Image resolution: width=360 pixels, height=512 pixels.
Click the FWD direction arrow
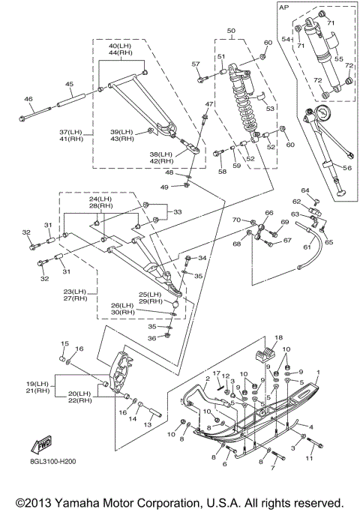coord(41,445)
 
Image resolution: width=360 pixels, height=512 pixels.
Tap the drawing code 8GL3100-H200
coord(53,462)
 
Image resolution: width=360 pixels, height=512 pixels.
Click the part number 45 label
coord(69,84)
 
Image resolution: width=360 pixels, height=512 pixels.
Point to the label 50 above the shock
coord(231,31)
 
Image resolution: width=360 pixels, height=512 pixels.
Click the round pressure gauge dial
coord(322,113)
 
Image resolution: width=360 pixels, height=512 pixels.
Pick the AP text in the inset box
coord(284,7)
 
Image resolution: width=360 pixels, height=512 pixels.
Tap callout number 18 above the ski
coord(279,337)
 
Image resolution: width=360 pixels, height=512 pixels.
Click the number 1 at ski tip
coord(319,373)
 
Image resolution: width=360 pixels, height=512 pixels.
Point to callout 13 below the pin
coord(148,424)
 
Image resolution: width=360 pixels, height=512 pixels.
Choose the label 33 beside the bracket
coord(178,212)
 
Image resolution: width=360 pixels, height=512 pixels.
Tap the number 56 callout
coord(347,168)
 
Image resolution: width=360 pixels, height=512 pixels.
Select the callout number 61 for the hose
coord(307,247)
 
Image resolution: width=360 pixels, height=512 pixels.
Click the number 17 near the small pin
coord(217,373)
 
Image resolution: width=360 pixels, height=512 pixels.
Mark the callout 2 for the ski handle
coord(207,379)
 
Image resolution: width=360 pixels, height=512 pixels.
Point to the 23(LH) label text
coord(75,292)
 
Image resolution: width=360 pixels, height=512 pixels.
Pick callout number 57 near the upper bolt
coord(195,64)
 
